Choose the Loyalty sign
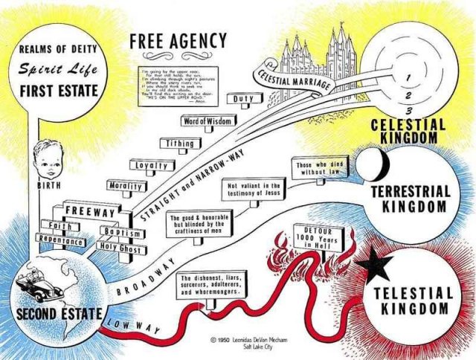click(152, 166)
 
